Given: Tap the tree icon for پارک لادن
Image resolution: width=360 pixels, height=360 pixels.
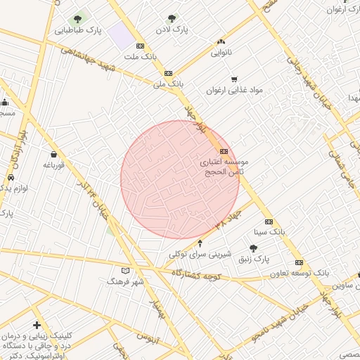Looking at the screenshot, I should (172, 19).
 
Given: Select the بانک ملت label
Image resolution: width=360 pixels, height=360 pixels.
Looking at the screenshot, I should (139, 56).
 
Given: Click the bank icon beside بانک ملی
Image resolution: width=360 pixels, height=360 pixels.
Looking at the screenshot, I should (167, 73).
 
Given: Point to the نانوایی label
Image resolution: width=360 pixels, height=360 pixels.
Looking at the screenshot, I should (221, 53).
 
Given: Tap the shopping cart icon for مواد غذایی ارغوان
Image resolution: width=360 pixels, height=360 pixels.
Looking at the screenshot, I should (234, 79).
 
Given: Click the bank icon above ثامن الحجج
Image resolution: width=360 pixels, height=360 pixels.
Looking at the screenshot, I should (224, 151).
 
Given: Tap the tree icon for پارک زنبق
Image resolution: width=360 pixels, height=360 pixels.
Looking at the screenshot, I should (253, 247).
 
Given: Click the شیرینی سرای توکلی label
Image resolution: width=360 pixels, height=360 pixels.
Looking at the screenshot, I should (196, 254).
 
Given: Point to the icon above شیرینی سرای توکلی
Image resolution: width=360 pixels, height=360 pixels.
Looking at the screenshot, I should (200, 243).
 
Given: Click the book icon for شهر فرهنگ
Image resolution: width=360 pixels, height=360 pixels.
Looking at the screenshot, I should (126, 271).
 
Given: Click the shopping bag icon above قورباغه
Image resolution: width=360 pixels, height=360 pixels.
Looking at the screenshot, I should (54, 154).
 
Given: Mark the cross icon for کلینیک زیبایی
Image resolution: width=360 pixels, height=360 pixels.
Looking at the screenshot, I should (37, 326).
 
